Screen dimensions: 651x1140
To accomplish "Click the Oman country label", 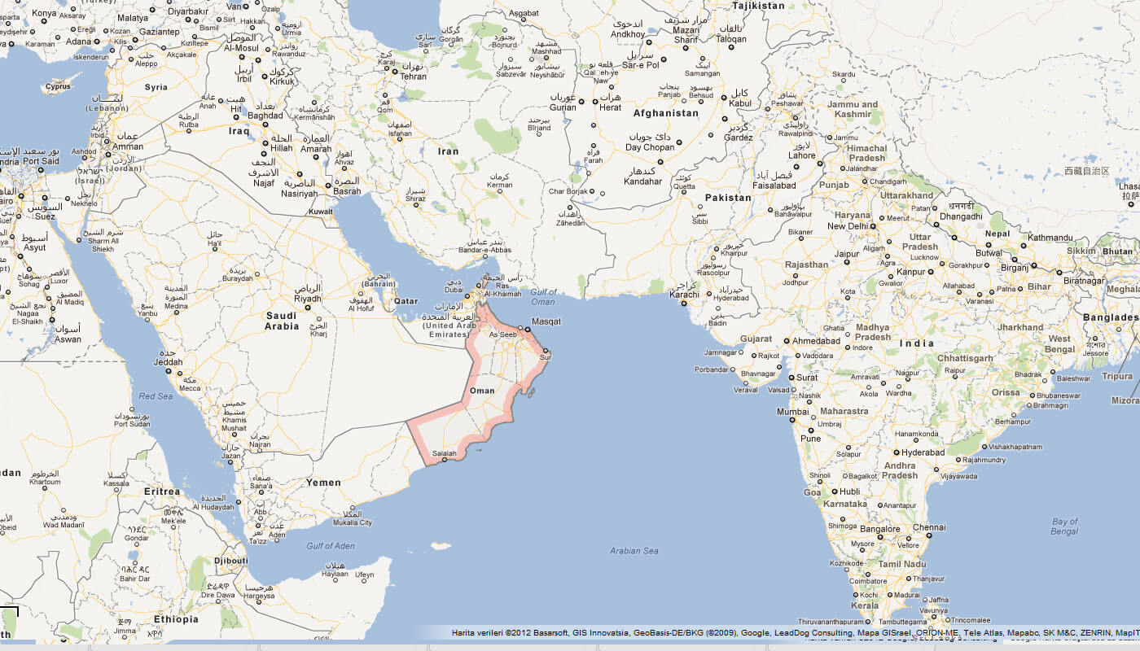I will [x=482, y=391].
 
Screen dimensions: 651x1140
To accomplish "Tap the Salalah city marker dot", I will [x=445, y=461].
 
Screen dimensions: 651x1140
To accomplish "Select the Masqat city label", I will [x=546, y=321].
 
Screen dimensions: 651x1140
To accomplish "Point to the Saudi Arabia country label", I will [x=282, y=321].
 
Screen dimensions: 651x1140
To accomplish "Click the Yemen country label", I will [x=323, y=483].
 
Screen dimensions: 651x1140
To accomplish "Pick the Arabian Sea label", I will [x=634, y=551].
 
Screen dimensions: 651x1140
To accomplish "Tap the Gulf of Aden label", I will [x=331, y=545].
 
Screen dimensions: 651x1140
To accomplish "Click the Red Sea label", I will [x=156, y=396].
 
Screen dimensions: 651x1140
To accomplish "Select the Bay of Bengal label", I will [x=1064, y=526].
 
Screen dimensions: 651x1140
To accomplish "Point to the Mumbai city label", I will [x=793, y=412].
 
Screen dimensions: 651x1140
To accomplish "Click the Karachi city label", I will [x=684, y=295].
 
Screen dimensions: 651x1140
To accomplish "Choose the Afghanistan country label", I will [x=665, y=113].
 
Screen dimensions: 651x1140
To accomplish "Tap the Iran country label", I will [x=448, y=151].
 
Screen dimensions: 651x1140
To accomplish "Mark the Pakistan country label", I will [x=728, y=198].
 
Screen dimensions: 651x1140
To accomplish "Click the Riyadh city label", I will [x=308, y=299].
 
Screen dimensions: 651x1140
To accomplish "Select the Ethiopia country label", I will [x=176, y=619].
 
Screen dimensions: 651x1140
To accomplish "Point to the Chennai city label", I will [x=928, y=527].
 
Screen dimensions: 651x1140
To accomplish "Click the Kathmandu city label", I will [x=1050, y=238].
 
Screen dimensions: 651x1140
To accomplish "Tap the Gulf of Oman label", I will [x=542, y=297].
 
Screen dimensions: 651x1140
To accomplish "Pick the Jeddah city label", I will [x=168, y=361].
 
